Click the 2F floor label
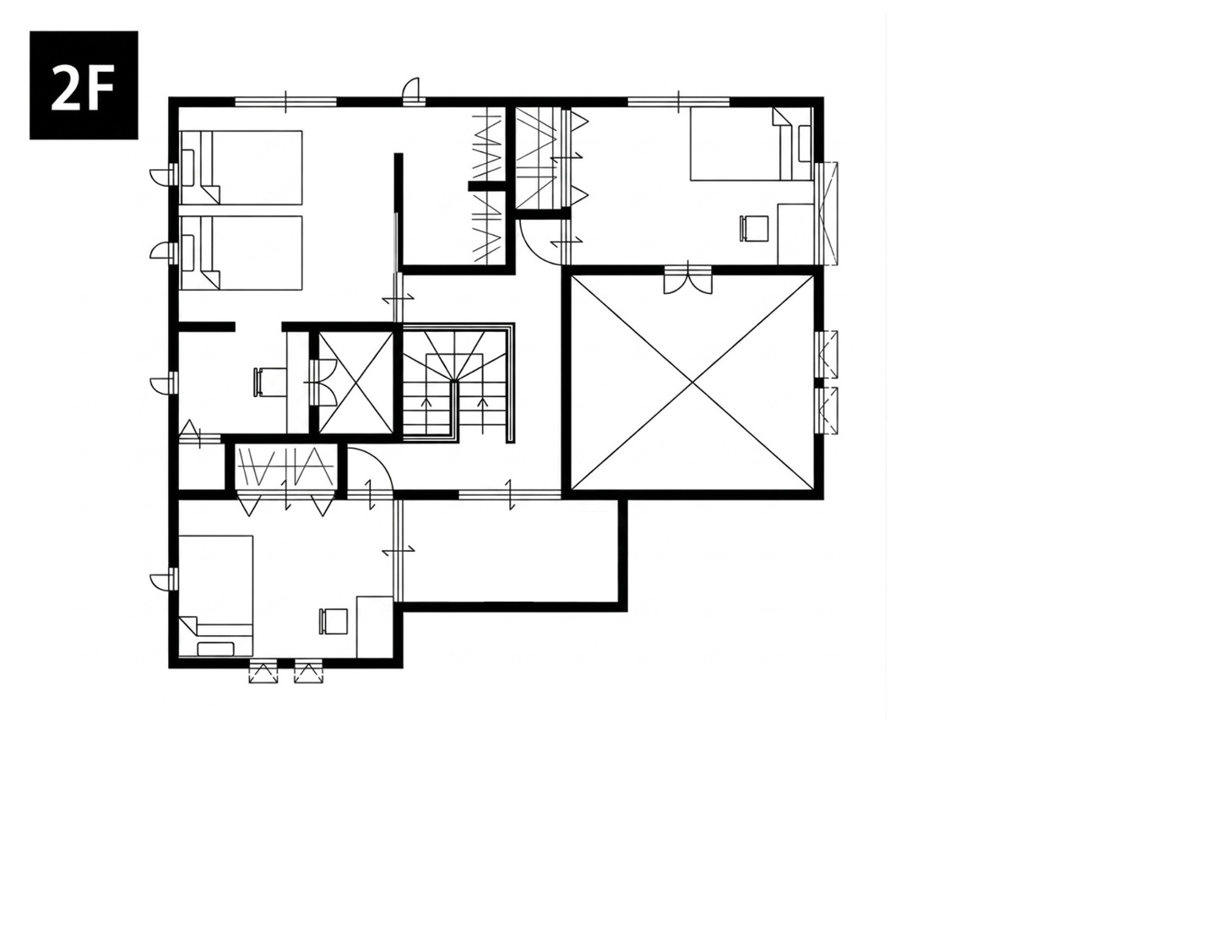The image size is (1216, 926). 83,84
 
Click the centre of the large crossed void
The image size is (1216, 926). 692,383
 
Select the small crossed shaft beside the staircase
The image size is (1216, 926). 356,383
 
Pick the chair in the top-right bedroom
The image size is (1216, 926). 754,228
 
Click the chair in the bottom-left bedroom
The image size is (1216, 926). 334,621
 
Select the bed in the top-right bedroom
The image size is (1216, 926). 751,144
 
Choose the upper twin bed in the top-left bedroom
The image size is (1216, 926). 242,167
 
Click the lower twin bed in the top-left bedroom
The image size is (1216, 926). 242,253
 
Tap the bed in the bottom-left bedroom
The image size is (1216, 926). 216,596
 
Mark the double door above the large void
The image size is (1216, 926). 687,280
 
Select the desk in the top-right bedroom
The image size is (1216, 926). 795,234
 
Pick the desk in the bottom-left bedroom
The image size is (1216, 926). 374,627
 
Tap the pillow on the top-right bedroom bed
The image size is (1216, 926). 804,144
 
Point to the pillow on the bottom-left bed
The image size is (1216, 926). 216,649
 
